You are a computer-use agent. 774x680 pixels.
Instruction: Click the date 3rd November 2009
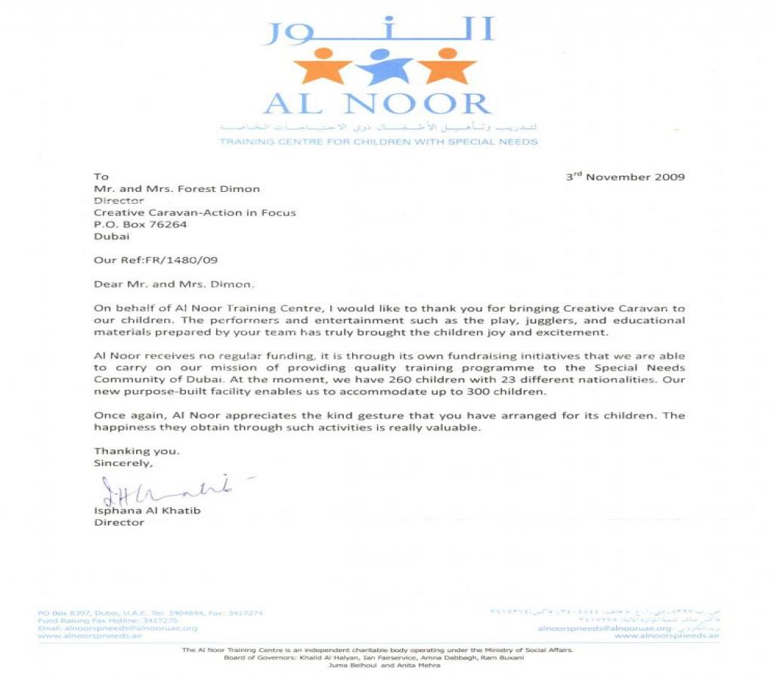tap(625, 177)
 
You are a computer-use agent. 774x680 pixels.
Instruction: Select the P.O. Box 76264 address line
tap(141, 224)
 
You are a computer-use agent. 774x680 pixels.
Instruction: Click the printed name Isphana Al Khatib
tap(147, 510)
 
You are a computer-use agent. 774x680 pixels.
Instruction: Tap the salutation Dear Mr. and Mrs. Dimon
tap(174, 285)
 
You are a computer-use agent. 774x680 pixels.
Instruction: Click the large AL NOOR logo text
tap(378, 104)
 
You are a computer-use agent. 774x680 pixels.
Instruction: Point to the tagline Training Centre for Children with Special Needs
tap(379, 141)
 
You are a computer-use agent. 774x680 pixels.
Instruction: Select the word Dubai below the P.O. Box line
tap(112, 236)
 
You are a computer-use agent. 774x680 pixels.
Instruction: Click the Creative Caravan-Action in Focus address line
tap(195, 213)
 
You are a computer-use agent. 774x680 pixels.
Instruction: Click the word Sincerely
tap(123, 463)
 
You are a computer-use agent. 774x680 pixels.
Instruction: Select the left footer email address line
tap(117, 628)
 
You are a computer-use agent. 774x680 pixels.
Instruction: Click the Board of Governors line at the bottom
tap(373, 657)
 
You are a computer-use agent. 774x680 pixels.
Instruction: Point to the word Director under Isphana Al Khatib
tap(119, 522)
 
